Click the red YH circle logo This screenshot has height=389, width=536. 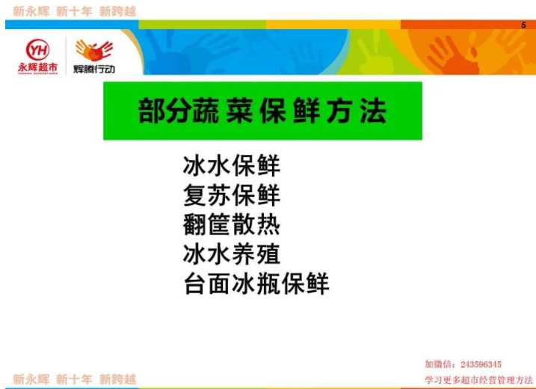pos(37,50)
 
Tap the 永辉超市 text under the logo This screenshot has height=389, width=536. pos(37,68)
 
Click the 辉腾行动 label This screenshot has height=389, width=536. pos(94,69)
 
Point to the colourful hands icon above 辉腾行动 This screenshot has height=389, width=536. pos(94,50)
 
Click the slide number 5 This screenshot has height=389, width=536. pos(523,25)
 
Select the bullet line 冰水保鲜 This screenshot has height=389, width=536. pos(232,165)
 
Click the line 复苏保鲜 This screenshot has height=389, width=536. pos(232,195)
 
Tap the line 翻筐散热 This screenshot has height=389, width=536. pos(232,224)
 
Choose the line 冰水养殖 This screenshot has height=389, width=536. pos(232,254)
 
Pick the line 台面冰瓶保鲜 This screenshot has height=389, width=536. pos(256,284)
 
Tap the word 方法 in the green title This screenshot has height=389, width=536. pos(357,111)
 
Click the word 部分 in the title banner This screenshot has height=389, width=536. pos(164,111)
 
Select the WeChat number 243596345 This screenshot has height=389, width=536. pos(481,364)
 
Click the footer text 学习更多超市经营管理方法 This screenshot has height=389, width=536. pos(478,380)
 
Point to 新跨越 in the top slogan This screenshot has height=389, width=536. pos(117,11)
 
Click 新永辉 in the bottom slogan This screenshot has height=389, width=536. pos(31,379)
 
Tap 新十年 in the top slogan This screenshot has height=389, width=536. pos(74,11)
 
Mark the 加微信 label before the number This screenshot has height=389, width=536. pos(440,364)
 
